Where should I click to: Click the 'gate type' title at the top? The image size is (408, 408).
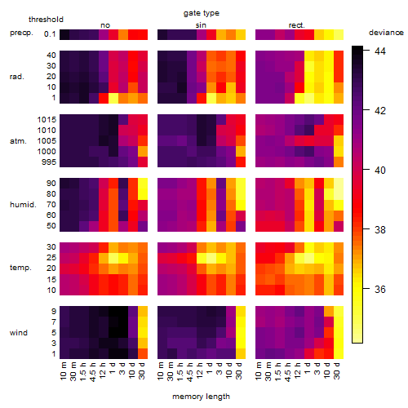[x=202, y=13]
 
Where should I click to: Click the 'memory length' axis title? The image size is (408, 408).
[x=201, y=397]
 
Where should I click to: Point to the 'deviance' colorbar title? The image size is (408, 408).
[x=386, y=33]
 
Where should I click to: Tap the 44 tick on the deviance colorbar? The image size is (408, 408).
[x=380, y=51]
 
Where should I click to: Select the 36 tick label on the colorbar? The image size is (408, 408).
[x=380, y=289]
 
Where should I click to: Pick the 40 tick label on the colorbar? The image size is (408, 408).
[x=380, y=171]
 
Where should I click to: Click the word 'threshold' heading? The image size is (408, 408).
[x=46, y=20]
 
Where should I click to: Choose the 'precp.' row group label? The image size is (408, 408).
[x=21, y=33]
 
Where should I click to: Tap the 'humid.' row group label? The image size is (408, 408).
[x=23, y=204]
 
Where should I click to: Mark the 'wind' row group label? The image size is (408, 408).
[x=19, y=333]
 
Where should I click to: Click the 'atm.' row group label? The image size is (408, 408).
[x=18, y=141]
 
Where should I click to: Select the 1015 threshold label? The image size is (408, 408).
[x=47, y=119]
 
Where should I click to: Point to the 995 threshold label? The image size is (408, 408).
[x=49, y=162]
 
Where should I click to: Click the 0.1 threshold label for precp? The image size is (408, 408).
[x=50, y=34]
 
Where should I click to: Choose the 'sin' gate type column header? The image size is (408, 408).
[x=201, y=25]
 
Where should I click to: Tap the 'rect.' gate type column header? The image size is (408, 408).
[x=297, y=25]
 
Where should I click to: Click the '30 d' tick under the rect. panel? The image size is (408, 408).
[x=337, y=370]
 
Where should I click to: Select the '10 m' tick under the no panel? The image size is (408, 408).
[x=63, y=370]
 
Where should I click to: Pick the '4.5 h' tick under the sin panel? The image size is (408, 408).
[x=190, y=372]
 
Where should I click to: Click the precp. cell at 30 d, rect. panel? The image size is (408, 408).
[x=339, y=34]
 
